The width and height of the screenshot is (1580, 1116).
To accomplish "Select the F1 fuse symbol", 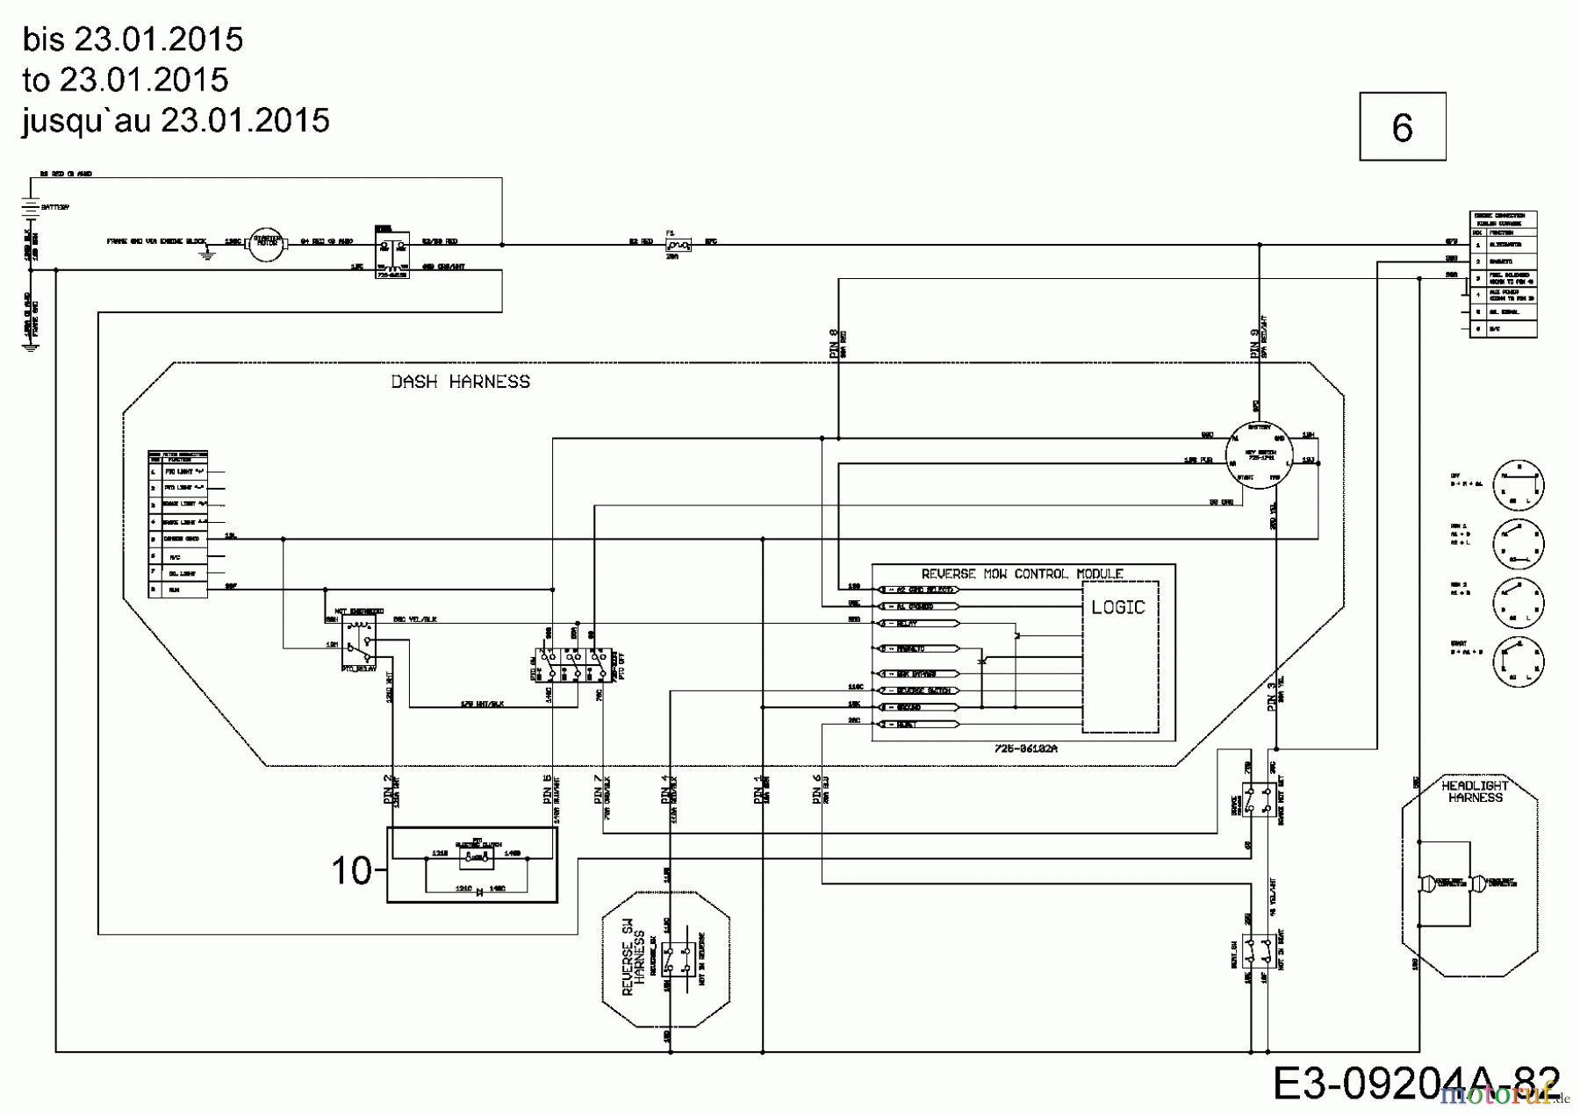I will pyautogui.click(x=678, y=245).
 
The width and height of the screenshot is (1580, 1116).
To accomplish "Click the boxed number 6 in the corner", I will pyautogui.click(x=1402, y=127).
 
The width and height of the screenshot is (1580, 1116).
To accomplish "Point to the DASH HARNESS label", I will pyautogui.click(x=460, y=382).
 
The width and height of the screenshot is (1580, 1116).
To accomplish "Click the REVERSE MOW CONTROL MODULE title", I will pyautogui.click(x=1022, y=574).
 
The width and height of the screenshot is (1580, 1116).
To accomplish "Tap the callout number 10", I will pyautogui.click(x=351, y=870).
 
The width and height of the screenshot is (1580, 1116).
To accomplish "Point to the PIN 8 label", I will pyautogui.click(x=834, y=344).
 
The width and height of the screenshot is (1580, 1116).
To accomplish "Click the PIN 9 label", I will pyautogui.click(x=1255, y=344).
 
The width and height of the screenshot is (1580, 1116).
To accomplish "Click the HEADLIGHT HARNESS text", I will pyautogui.click(x=1475, y=791).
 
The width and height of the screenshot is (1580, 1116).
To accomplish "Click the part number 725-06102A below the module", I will pyautogui.click(x=1025, y=749).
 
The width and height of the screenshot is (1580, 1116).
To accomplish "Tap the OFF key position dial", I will pyautogui.click(x=1517, y=485).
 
